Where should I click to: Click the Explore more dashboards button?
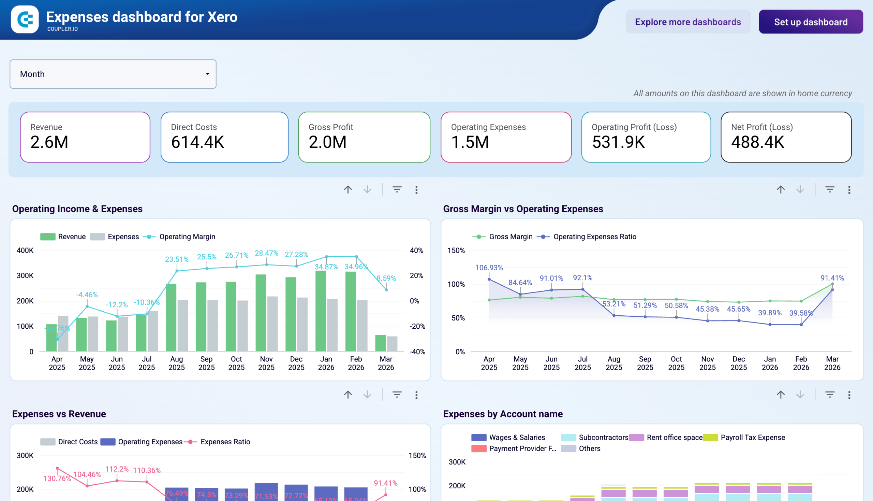pyautogui.click(x=687, y=22)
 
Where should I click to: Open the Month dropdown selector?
pyautogui.click(x=113, y=74)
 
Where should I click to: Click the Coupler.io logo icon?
pyautogui.click(x=25, y=19)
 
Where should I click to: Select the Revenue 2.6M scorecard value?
pyautogui.click(x=49, y=142)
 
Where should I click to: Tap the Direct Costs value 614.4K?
pyautogui.click(x=197, y=142)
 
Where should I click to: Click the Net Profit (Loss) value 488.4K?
pyautogui.click(x=757, y=142)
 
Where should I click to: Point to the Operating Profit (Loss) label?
pyautogui.click(x=634, y=127)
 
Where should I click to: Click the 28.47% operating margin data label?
pyautogui.click(x=266, y=253)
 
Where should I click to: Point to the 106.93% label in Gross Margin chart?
pyautogui.click(x=489, y=268)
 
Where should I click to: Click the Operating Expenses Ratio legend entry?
pyautogui.click(x=594, y=237)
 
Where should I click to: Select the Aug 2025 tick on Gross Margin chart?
pyautogui.click(x=613, y=363)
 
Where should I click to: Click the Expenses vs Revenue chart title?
pyautogui.click(x=59, y=414)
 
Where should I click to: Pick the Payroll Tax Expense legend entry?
pyautogui.click(x=752, y=437)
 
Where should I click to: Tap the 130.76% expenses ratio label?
pyautogui.click(x=57, y=478)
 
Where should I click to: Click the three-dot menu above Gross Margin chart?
pyautogui.click(x=848, y=190)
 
